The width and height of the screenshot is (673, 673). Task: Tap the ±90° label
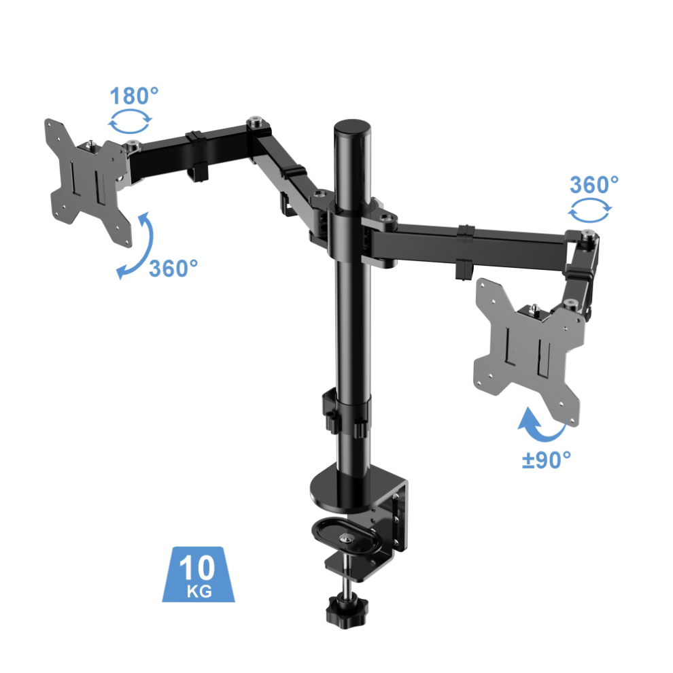click(x=546, y=460)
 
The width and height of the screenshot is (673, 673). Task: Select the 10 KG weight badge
click(x=199, y=573)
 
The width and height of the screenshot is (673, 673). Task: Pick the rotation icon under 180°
click(x=131, y=123)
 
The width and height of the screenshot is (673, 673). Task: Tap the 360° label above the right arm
click(x=593, y=184)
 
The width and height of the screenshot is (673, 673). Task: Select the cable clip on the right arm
click(x=466, y=252)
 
